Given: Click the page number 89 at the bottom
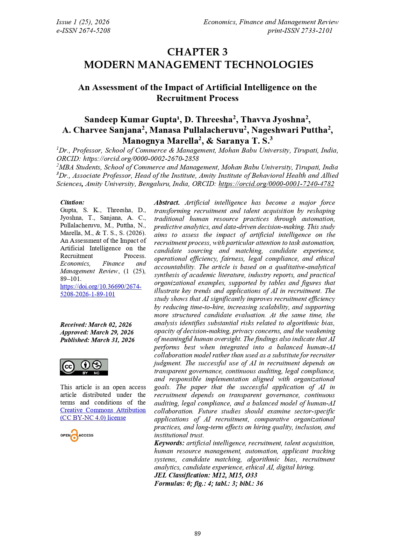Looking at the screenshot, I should pyautogui.click(x=197, y=534).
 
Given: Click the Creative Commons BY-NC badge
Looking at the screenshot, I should pyautogui.click(x=84, y=367).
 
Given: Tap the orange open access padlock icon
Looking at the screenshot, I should pyautogui.click(x=74, y=435).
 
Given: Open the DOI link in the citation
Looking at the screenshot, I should pyautogui.click(x=101, y=290).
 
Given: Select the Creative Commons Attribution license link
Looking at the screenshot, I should pyautogui.click(x=103, y=414).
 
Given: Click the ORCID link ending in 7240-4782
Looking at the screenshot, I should pyautogui.click(x=276, y=184).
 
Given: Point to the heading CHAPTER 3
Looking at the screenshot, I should pyautogui.click(x=197, y=52).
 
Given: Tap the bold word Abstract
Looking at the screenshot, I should pyautogui.click(x=167, y=203).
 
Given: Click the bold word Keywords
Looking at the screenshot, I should pyautogui.click(x=169, y=443).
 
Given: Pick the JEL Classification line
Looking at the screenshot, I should pyautogui.click(x=205, y=475).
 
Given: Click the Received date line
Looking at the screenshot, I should pyautogui.click(x=96, y=325).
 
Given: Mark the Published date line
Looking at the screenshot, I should pyautogui.click(x=97, y=340).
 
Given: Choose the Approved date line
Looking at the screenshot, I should pyautogui.click(x=97, y=332).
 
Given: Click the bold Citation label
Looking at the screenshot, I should pyautogui.click(x=72, y=202).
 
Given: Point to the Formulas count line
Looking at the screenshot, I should pyautogui.click(x=209, y=484).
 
